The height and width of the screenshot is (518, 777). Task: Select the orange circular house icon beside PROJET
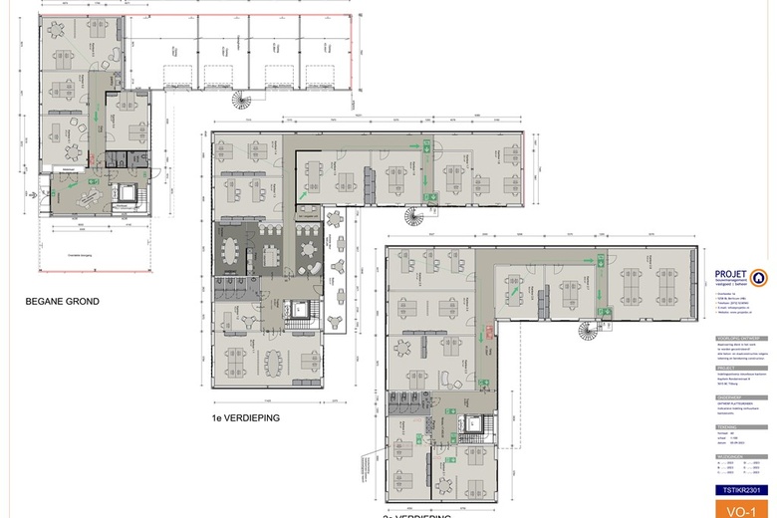click(762, 276)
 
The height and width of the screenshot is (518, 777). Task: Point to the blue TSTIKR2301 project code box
click(742, 490)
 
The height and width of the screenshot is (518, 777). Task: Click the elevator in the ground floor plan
click(129, 192)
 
